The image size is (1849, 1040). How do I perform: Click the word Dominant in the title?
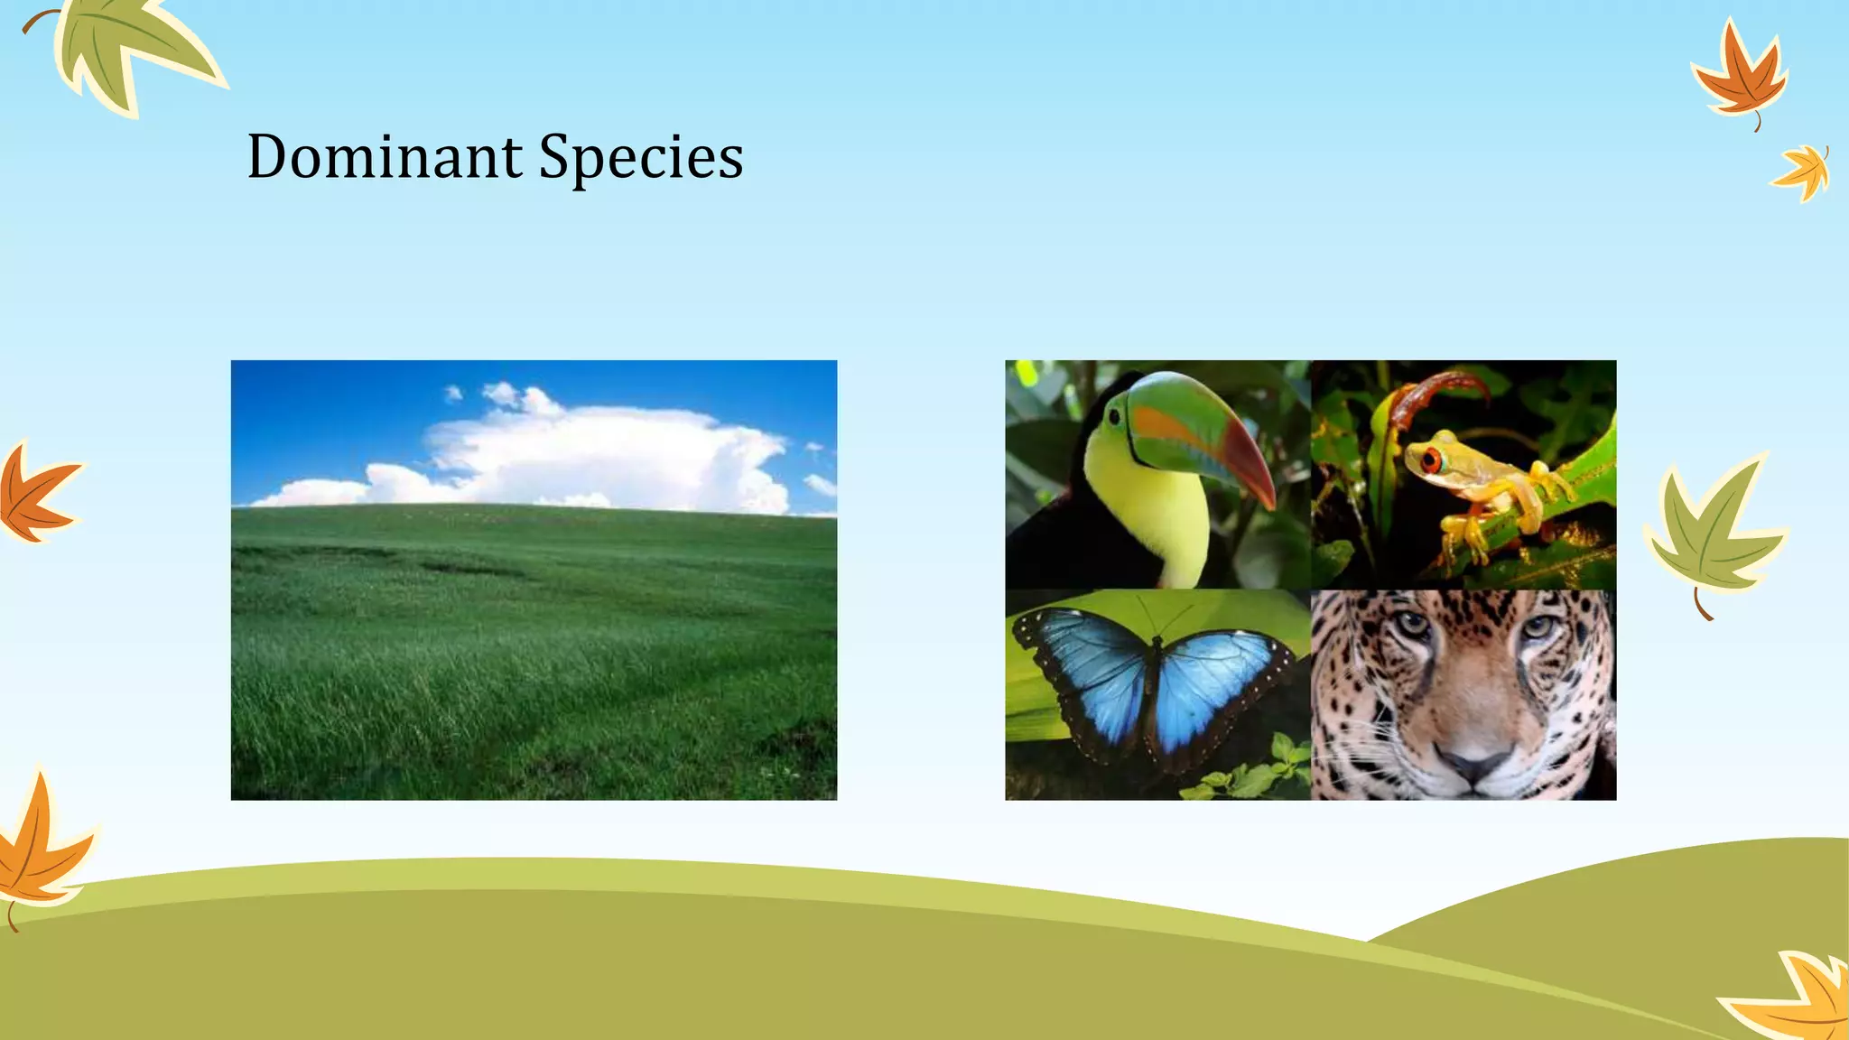tap(385, 158)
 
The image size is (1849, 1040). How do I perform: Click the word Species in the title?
tap(641, 158)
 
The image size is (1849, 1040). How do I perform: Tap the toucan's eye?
tap(1114, 416)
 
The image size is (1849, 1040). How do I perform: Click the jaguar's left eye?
tap(1413, 625)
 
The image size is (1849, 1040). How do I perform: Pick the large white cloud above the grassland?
tap(605, 451)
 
